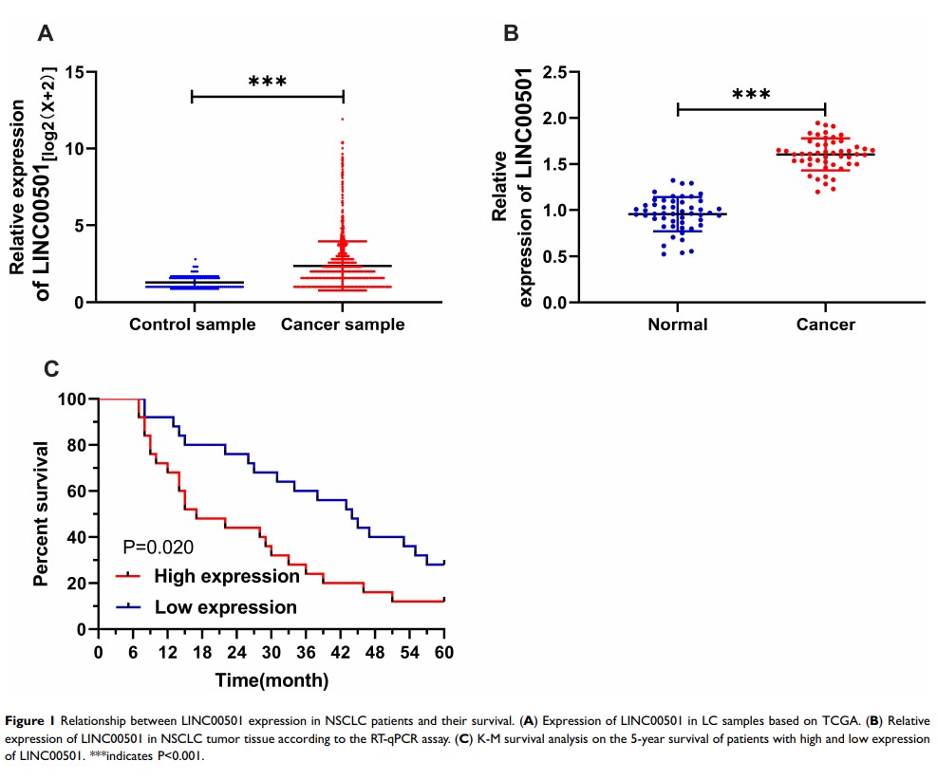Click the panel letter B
(x=510, y=35)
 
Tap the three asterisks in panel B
(x=751, y=94)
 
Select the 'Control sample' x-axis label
(x=193, y=325)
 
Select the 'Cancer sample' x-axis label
(x=343, y=325)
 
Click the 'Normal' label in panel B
(x=677, y=325)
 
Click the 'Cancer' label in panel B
(x=826, y=325)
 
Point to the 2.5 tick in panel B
(x=554, y=72)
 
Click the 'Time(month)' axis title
(x=272, y=679)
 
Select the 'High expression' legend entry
(x=226, y=575)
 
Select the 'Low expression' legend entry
(x=225, y=606)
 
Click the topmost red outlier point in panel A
(x=343, y=120)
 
